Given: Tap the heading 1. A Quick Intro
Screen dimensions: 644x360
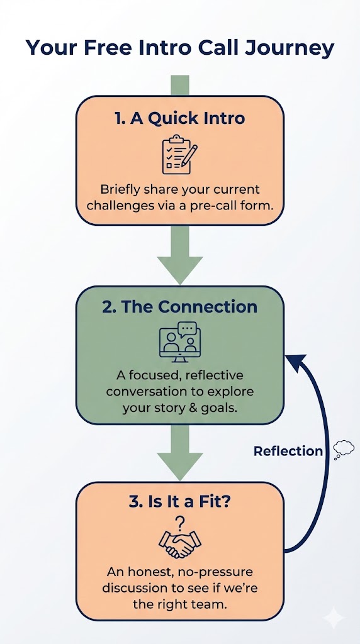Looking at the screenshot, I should [x=180, y=119].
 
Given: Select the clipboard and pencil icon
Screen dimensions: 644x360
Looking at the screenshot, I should [x=179, y=154].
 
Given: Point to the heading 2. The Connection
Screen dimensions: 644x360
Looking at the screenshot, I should [x=180, y=307].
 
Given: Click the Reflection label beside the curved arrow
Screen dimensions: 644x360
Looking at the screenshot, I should [x=288, y=451].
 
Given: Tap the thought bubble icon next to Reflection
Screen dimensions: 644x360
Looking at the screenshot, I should [x=343, y=449].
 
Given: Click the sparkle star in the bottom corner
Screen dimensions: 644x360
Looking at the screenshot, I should [x=334, y=618].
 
